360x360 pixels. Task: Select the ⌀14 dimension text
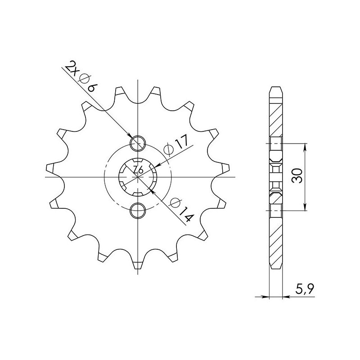[181, 210]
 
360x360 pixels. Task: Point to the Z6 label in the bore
[138, 170]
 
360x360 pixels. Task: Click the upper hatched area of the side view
[276, 117]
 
